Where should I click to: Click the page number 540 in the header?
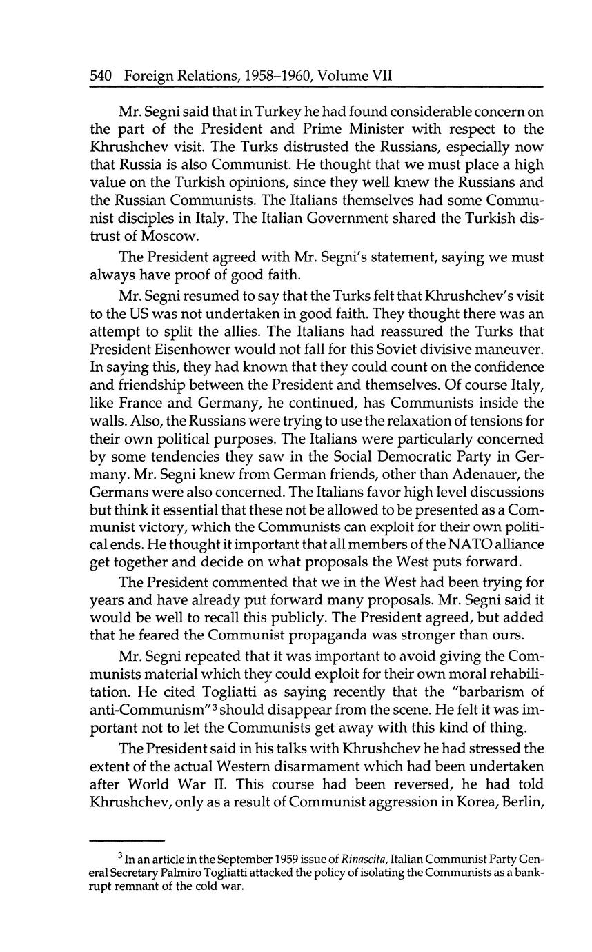(x=101, y=76)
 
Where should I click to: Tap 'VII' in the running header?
(x=381, y=76)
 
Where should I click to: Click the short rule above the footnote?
(x=128, y=840)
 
